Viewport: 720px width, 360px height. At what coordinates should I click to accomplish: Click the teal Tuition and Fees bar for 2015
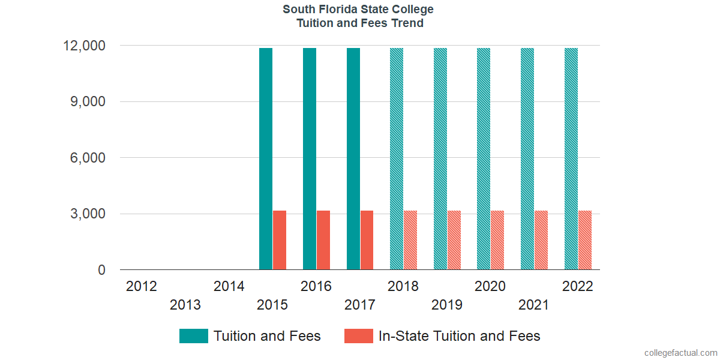tap(266, 159)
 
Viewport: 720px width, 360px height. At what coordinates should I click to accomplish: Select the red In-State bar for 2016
tap(323, 240)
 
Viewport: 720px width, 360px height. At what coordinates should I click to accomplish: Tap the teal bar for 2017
tap(353, 159)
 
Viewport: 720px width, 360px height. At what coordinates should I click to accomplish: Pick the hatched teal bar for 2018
tap(397, 159)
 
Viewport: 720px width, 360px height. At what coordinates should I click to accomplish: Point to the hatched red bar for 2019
tap(454, 240)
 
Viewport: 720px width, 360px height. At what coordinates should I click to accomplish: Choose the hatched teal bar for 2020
tap(484, 159)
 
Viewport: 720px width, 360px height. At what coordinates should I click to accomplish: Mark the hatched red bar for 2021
tap(541, 240)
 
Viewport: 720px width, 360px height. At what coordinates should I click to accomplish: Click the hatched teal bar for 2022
tap(571, 159)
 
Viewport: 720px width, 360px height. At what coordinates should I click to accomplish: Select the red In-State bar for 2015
tap(280, 240)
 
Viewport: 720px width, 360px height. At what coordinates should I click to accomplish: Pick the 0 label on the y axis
tap(102, 271)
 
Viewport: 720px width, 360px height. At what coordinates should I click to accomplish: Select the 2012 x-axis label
tap(142, 286)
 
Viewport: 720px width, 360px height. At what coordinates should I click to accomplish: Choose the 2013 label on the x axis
tap(185, 305)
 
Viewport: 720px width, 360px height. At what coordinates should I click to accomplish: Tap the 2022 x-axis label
tap(577, 286)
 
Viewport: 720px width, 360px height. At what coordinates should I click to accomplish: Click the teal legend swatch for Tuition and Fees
tap(194, 336)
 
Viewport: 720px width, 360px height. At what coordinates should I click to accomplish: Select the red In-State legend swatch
tap(359, 336)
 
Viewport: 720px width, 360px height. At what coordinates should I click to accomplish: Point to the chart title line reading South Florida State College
tap(359, 10)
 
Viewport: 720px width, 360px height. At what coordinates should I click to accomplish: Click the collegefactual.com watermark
tap(680, 353)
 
